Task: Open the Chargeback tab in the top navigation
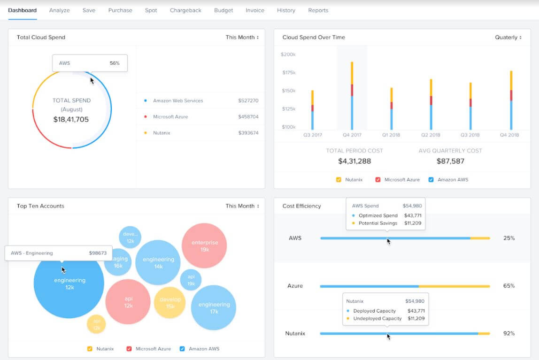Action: (185, 10)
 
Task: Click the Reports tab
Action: (318, 10)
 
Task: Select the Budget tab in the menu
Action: (223, 10)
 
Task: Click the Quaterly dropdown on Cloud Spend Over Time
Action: (508, 38)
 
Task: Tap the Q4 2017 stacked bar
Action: (352, 96)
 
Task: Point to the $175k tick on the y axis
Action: (288, 72)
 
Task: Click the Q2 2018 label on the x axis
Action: (431, 135)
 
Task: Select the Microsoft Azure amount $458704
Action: (248, 117)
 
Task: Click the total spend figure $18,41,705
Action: (71, 120)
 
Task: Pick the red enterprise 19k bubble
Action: (204, 245)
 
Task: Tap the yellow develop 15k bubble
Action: (169, 303)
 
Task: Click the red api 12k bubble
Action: (128, 302)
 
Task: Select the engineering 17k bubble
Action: (214, 307)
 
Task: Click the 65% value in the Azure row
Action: (508, 286)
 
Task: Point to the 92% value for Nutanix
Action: (508, 334)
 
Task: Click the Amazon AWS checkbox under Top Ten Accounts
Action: (182, 349)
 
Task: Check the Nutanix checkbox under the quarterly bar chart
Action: (339, 180)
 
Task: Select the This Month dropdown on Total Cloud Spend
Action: (242, 38)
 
